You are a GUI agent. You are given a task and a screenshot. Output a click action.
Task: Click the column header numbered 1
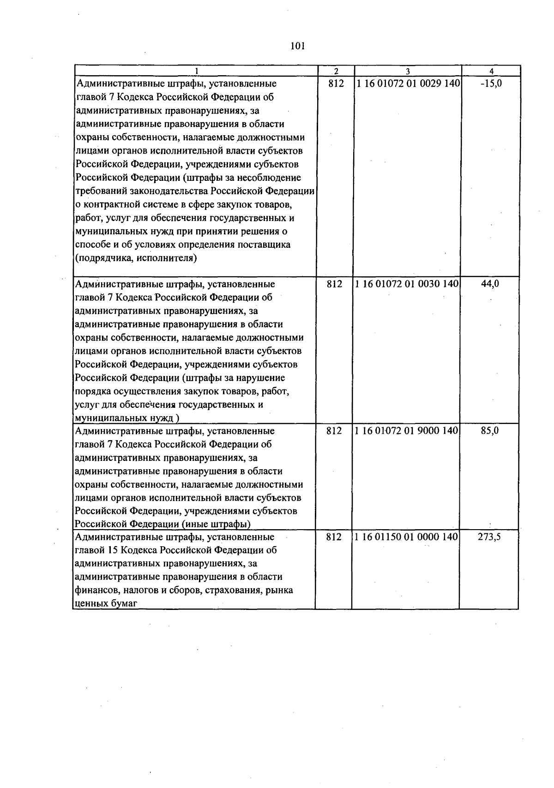coord(196,72)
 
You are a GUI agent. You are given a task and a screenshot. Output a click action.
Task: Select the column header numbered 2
coord(336,72)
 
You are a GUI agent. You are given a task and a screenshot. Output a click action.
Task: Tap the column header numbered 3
coord(408,72)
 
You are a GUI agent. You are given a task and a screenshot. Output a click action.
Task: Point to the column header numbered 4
coord(491,72)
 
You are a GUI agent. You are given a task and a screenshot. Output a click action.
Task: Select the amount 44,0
coord(490,284)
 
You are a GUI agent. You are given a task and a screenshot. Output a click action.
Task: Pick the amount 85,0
coord(490,431)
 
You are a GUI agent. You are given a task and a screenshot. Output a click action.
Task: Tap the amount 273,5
coord(489,537)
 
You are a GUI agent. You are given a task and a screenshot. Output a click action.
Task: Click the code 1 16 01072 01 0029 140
coord(408,84)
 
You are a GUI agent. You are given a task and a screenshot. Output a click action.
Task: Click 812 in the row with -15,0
coord(335,84)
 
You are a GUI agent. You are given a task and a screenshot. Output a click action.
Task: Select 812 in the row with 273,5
coord(334,537)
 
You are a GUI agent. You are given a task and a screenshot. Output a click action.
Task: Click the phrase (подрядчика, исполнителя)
coord(136,258)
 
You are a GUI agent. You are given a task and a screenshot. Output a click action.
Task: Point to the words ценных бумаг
coord(106,604)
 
